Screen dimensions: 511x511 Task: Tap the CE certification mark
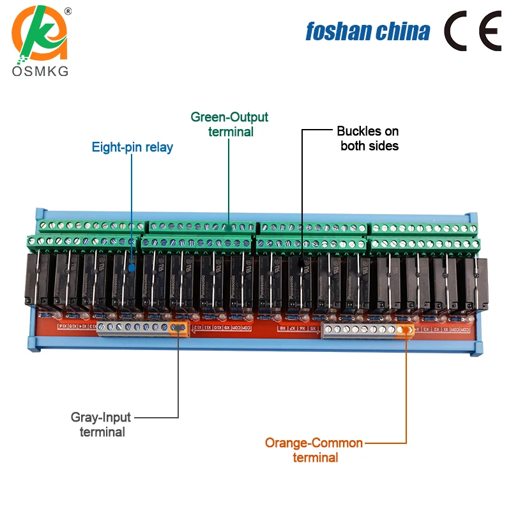point(473,30)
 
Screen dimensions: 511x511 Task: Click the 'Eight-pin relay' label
point(132,148)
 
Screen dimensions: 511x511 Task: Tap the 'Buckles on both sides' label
point(368,139)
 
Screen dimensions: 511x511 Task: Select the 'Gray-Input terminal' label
point(102,424)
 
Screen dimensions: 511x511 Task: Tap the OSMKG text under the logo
point(40,72)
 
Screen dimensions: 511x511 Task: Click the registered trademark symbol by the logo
point(68,11)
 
